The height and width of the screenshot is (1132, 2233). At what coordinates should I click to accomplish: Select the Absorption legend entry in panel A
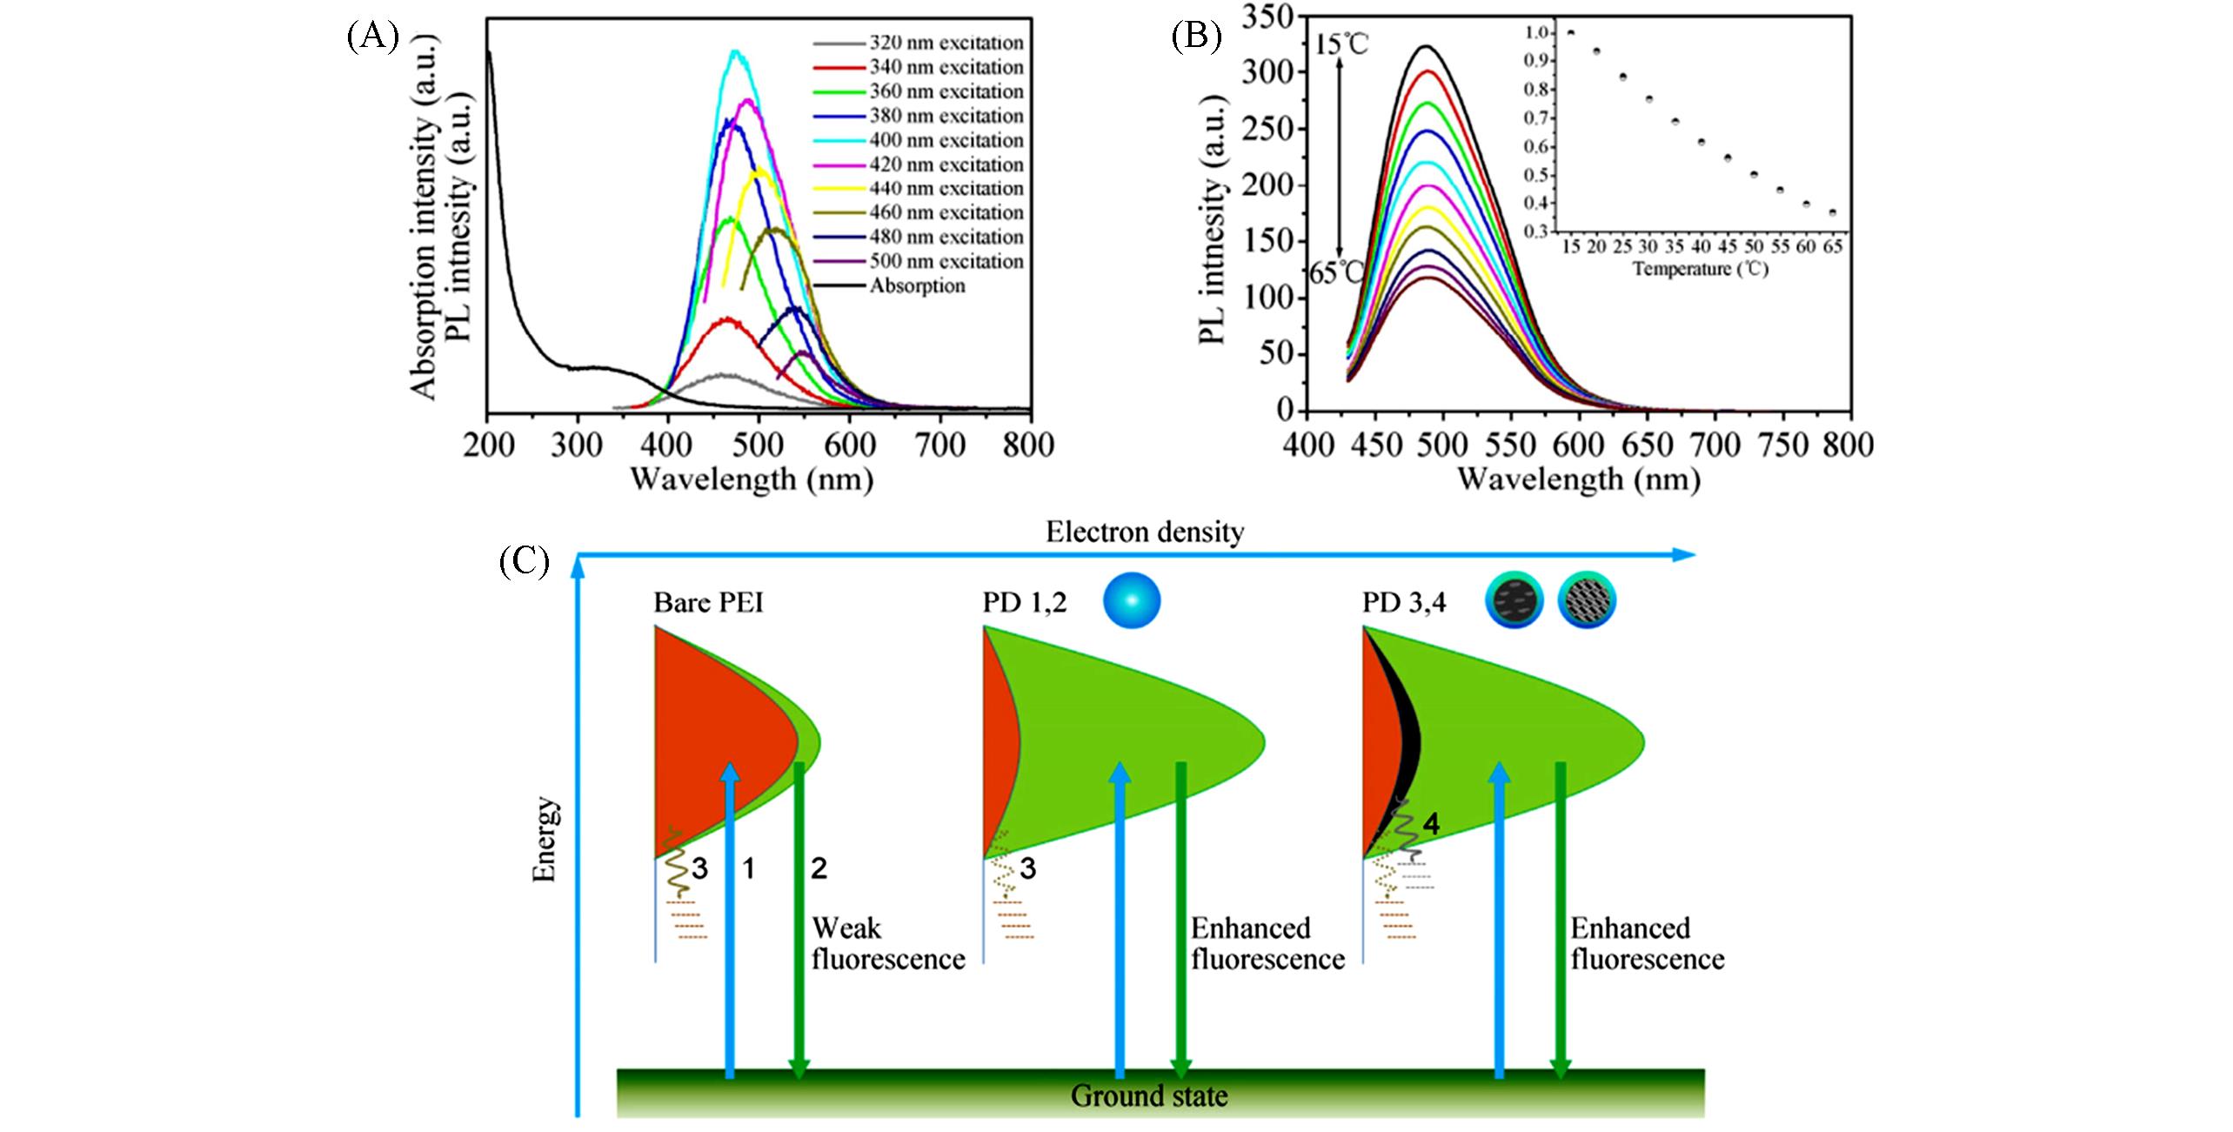tap(917, 286)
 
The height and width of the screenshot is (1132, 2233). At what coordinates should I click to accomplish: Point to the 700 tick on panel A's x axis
tap(940, 445)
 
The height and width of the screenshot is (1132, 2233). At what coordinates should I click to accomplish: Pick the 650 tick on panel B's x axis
tap(1646, 445)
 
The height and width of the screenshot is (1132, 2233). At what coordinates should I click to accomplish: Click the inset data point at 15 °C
tap(1571, 33)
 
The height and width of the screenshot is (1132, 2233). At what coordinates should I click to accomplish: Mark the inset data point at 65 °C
tap(1832, 213)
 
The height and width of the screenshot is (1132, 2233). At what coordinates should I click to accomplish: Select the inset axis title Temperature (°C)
tap(1701, 269)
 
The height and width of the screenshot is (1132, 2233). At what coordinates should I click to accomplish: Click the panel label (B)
tap(1195, 37)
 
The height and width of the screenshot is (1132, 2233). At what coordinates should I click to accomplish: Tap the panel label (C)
tap(524, 561)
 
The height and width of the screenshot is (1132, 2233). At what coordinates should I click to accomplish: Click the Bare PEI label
tap(708, 603)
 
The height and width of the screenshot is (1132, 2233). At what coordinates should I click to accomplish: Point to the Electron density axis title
tap(1144, 533)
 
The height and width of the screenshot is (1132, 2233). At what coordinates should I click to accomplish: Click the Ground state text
tap(1148, 1095)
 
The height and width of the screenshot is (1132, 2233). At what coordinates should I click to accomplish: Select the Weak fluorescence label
tap(887, 944)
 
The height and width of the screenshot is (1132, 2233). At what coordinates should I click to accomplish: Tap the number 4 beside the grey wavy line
tap(1430, 823)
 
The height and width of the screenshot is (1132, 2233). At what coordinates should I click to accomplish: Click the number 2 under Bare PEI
tap(819, 868)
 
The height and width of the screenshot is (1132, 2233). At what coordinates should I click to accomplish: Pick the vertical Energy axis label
tap(545, 839)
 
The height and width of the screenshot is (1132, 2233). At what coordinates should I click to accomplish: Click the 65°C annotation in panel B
tap(1337, 273)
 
